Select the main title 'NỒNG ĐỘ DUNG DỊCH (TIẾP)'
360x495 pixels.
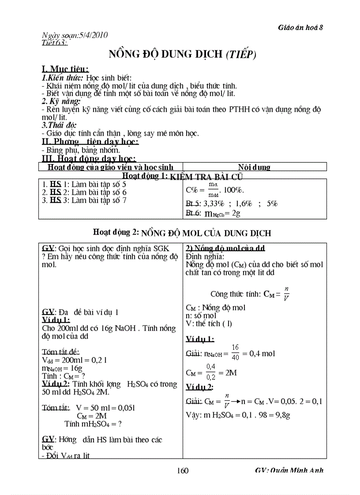click(x=183, y=55)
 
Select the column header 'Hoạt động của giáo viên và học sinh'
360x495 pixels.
click(x=110, y=167)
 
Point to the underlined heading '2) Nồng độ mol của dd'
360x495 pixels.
click(x=225, y=248)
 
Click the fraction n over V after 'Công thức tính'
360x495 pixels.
click(x=286, y=294)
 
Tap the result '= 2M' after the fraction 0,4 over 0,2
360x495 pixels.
click(x=228, y=372)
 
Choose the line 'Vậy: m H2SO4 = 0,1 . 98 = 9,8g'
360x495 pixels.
click(x=238, y=415)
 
